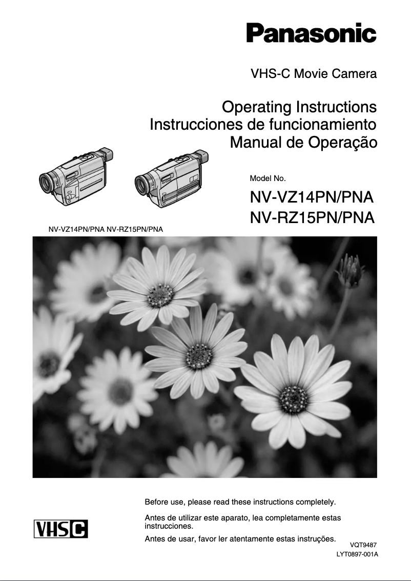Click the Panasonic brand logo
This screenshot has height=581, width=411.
(x=311, y=33)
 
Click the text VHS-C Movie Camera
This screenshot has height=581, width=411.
(x=314, y=74)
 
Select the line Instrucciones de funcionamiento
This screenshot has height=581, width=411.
(x=263, y=125)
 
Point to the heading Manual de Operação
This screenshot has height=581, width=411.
(x=303, y=142)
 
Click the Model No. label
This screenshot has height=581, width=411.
(x=267, y=178)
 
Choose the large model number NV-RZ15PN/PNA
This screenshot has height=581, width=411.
(x=312, y=218)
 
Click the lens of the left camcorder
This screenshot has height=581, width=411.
(x=48, y=182)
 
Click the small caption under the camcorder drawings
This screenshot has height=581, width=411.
(x=106, y=229)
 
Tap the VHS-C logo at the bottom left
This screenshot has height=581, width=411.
(x=60, y=529)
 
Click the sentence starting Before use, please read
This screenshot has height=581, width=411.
(x=240, y=501)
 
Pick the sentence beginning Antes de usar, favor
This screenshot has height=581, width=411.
(x=240, y=538)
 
